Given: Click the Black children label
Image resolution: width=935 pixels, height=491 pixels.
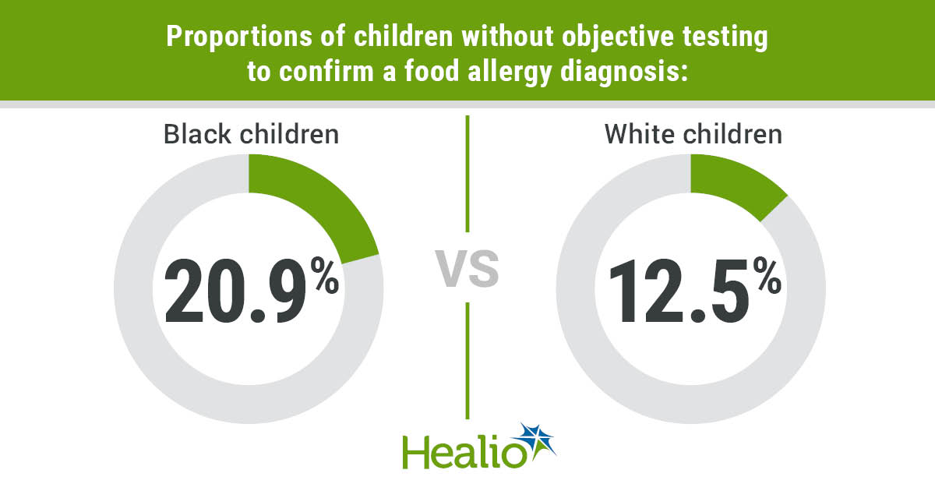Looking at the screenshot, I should (251, 134).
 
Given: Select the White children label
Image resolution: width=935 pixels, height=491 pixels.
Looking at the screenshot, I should (693, 134).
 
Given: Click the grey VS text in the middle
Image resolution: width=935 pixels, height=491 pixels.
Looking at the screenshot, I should (467, 269).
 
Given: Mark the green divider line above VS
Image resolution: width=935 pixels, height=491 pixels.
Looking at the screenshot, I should (467, 173).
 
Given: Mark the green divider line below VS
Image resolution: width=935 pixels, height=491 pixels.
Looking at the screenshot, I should (467, 360).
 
